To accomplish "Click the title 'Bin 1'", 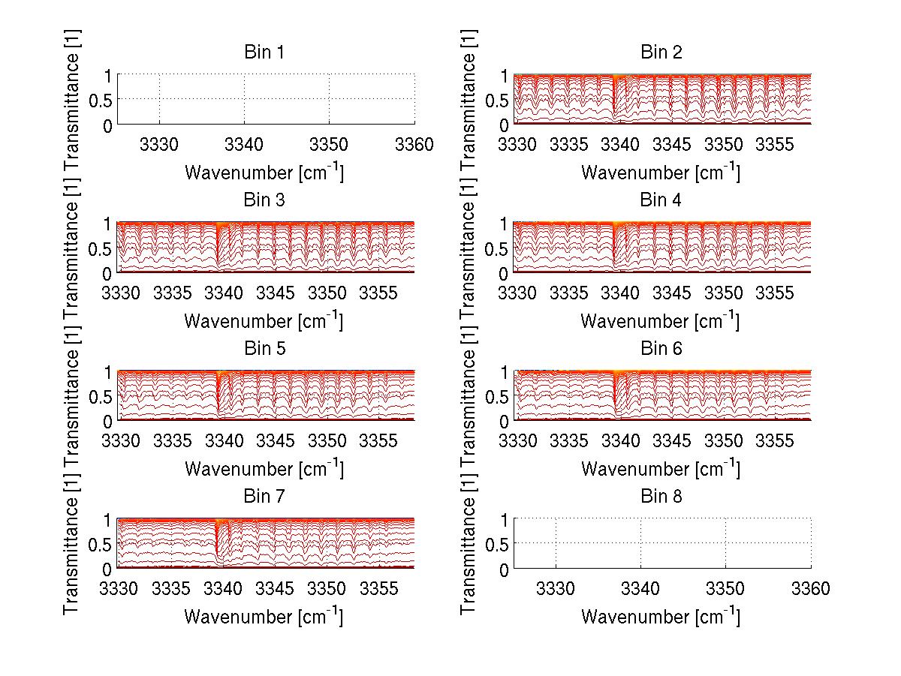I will [x=264, y=53].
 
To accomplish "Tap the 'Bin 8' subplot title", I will [x=661, y=497].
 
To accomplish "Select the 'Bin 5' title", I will [x=264, y=349].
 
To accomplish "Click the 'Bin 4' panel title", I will [x=661, y=200].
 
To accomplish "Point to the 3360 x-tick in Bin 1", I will [x=414, y=144].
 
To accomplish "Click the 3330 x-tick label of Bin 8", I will [x=556, y=589].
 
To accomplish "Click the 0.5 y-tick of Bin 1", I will [x=101, y=99].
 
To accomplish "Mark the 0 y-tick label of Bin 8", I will [x=505, y=569].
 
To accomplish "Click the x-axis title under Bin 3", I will [x=264, y=321].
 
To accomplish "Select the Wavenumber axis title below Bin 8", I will [x=661, y=617].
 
